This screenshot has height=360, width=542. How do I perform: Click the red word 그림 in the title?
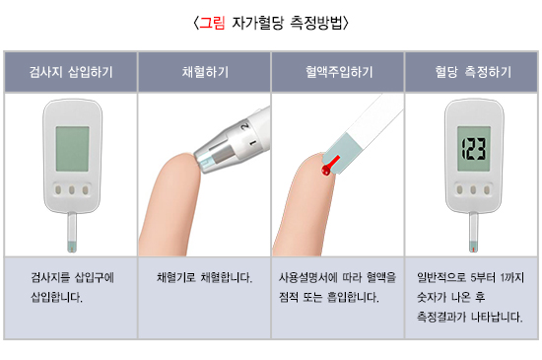pos(212,23)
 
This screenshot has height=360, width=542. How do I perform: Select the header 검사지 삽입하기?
pos(71,72)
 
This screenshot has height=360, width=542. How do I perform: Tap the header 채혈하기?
pos(205,72)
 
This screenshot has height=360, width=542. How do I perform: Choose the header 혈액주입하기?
pos(339,72)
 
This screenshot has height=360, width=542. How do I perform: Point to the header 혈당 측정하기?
pos(472,72)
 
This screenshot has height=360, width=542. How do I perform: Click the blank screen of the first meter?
pos(72,149)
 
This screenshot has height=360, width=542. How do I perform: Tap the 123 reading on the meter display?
pos(474,149)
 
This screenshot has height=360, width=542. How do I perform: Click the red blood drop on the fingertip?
pos(325,171)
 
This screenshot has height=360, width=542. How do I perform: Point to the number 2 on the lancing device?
pos(245,126)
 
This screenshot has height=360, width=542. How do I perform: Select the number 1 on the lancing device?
pos(252,142)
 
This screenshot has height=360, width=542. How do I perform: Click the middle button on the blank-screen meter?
pos(72,189)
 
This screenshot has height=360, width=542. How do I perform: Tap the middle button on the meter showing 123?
pos(473,189)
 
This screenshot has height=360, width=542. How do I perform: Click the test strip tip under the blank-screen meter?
pos(72,247)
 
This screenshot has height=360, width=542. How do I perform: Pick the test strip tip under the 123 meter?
pos(473,247)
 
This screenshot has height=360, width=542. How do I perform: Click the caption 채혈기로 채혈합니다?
pos(204,277)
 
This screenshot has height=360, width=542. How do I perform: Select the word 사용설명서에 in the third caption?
pos(303,277)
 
